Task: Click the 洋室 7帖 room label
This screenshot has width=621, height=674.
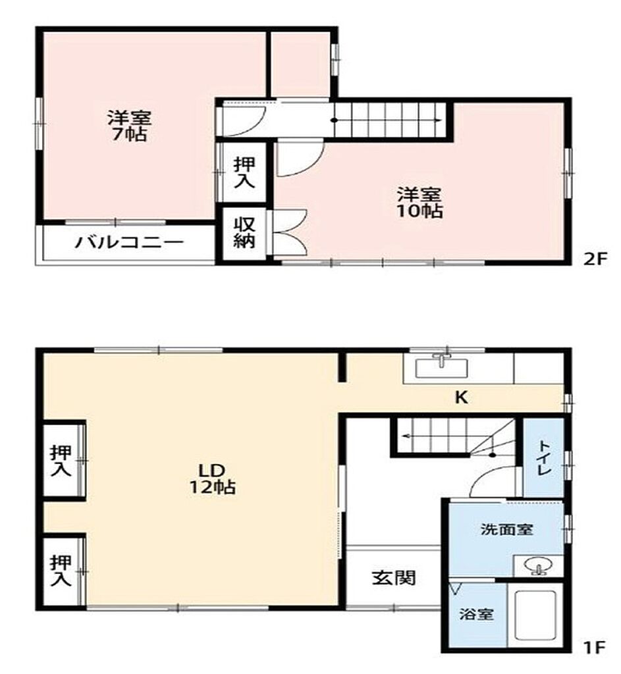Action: click(x=129, y=126)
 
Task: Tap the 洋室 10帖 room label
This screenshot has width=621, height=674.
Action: click(x=419, y=203)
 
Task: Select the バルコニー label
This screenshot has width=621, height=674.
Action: click(x=130, y=242)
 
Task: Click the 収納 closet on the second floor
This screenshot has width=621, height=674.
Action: click(x=244, y=234)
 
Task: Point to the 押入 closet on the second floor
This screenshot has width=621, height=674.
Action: click(x=244, y=172)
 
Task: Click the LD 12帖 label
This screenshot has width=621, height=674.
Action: click(x=213, y=479)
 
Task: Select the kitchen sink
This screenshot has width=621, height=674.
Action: click(x=441, y=367)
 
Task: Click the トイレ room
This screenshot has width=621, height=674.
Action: click(x=543, y=458)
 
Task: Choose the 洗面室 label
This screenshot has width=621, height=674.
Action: click(x=506, y=529)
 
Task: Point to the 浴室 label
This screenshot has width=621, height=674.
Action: click(x=476, y=614)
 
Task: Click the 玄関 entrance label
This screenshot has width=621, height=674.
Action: click(x=394, y=578)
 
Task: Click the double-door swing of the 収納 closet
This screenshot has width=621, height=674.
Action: click(x=289, y=232)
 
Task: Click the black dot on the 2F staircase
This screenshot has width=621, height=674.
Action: click(x=334, y=120)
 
